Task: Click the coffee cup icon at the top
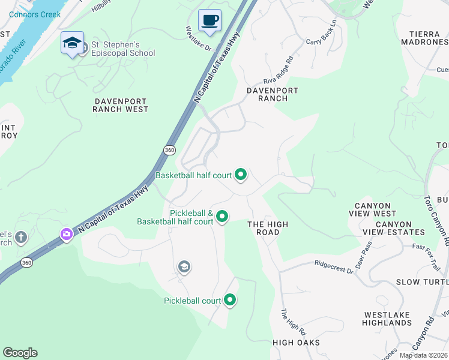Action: click(x=209, y=20)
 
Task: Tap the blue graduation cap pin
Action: click(x=72, y=43)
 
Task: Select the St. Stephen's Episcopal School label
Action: click(x=122, y=49)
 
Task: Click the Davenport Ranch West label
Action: click(x=121, y=104)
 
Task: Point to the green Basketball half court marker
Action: click(x=241, y=175)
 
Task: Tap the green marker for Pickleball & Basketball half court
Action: click(x=222, y=216)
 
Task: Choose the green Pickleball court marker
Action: click(x=229, y=300)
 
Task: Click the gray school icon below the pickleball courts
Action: click(x=184, y=267)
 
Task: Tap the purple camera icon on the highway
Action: click(x=66, y=234)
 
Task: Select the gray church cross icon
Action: click(x=22, y=238)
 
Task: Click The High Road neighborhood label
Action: click(x=268, y=228)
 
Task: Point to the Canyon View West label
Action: click(x=376, y=209)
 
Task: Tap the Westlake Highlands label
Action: click(x=387, y=319)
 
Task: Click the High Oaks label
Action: click(x=296, y=343)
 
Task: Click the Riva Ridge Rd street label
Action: click(x=278, y=71)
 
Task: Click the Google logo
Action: click(x=20, y=353)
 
